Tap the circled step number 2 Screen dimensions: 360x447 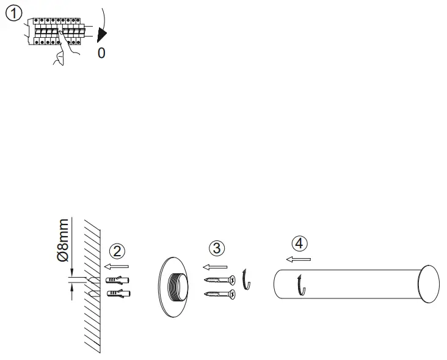point(117,251)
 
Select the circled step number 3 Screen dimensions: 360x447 point(217,248)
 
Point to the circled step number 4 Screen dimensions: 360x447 point(298,243)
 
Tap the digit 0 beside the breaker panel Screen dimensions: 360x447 point(101,53)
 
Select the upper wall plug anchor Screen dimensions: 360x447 point(118,280)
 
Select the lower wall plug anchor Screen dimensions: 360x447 point(118,294)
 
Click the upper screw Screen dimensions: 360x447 point(219,281)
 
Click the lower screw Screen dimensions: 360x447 point(219,295)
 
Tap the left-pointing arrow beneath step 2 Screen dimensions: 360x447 point(116,266)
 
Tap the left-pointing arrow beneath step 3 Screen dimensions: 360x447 point(214,266)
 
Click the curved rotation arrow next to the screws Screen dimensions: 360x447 point(246,279)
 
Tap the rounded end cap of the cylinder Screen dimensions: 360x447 point(429,285)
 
